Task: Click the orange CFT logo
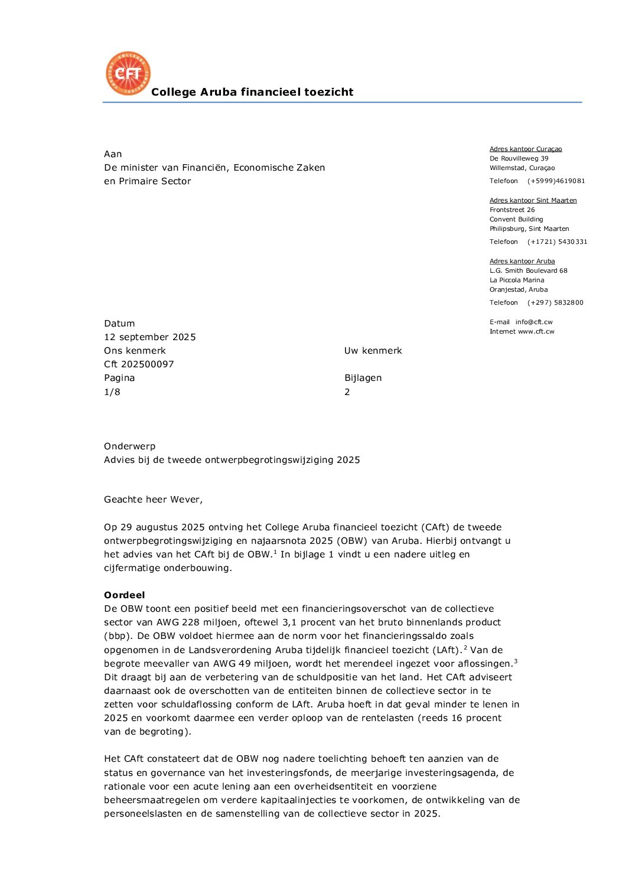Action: [x=128, y=73]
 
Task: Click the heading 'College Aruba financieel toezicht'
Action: [x=252, y=92]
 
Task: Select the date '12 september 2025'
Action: [x=150, y=337]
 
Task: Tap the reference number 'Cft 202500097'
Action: [x=139, y=364]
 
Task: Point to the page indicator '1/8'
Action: [x=112, y=392]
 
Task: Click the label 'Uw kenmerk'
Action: [x=373, y=351]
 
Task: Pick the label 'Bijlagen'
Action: [x=363, y=378]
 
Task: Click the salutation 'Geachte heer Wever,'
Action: [x=153, y=500]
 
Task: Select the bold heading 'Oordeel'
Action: [x=124, y=595]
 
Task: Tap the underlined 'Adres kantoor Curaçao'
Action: [x=526, y=149]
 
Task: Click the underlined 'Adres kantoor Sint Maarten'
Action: [x=533, y=201]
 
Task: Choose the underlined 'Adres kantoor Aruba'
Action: [x=522, y=262]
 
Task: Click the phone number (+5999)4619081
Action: [x=556, y=181]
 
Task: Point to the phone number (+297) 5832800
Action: [x=555, y=303]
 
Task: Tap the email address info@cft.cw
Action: [x=534, y=322]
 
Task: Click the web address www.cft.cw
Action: [x=536, y=332]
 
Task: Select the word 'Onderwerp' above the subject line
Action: [x=129, y=446]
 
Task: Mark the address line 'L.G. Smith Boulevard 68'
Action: [x=528, y=271]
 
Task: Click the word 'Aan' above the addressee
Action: [x=113, y=154]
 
